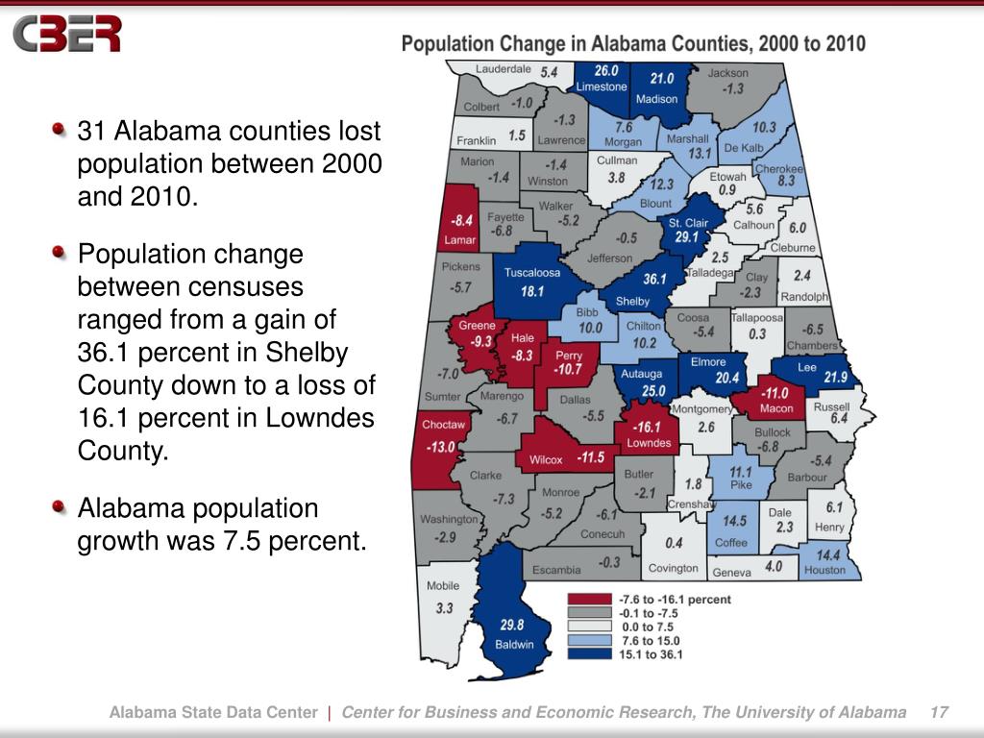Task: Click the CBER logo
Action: pos(67,35)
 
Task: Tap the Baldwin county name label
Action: pos(514,644)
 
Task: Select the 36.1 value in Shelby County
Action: pos(653,280)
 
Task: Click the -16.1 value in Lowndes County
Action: pos(648,427)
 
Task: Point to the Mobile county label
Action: pos(443,585)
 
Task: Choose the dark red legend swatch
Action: pos(589,600)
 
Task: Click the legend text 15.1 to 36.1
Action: pos(652,654)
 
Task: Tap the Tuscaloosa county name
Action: pos(532,272)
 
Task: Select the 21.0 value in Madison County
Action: pos(662,79)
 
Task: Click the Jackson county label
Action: pos(728,72)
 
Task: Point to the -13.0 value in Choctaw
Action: pos(442,447)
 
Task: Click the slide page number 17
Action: pos(939,712)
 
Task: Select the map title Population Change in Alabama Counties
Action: pos(632,43)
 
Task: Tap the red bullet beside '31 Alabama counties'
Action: pos(61,129)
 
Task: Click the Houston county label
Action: pos(824,570)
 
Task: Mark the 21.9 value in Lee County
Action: pos(835,377)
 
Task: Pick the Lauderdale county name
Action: pos(504,69)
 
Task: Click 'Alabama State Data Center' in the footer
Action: pos(212,712)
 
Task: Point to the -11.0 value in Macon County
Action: pos(775,393)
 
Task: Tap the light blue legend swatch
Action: pos(589,640)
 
